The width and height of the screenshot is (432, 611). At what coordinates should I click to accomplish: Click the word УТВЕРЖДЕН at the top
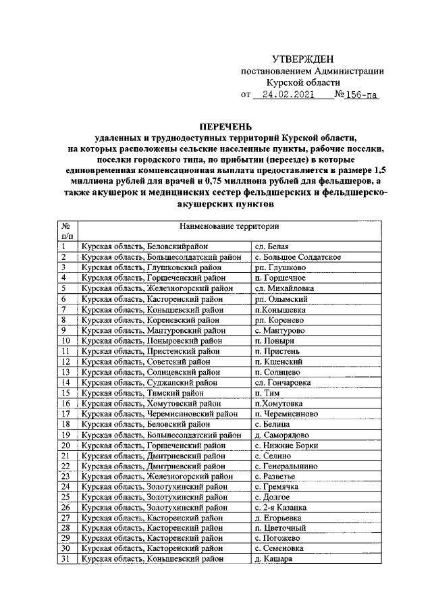303,60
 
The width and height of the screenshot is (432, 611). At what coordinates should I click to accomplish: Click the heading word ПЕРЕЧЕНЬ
225,126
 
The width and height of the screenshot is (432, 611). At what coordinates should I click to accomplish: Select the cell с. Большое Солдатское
297,257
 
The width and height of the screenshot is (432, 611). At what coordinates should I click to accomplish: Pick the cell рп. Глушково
280,268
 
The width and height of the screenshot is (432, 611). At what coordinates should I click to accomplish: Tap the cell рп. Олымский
281,299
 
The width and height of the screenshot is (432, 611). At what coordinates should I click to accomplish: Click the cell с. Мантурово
279,330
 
